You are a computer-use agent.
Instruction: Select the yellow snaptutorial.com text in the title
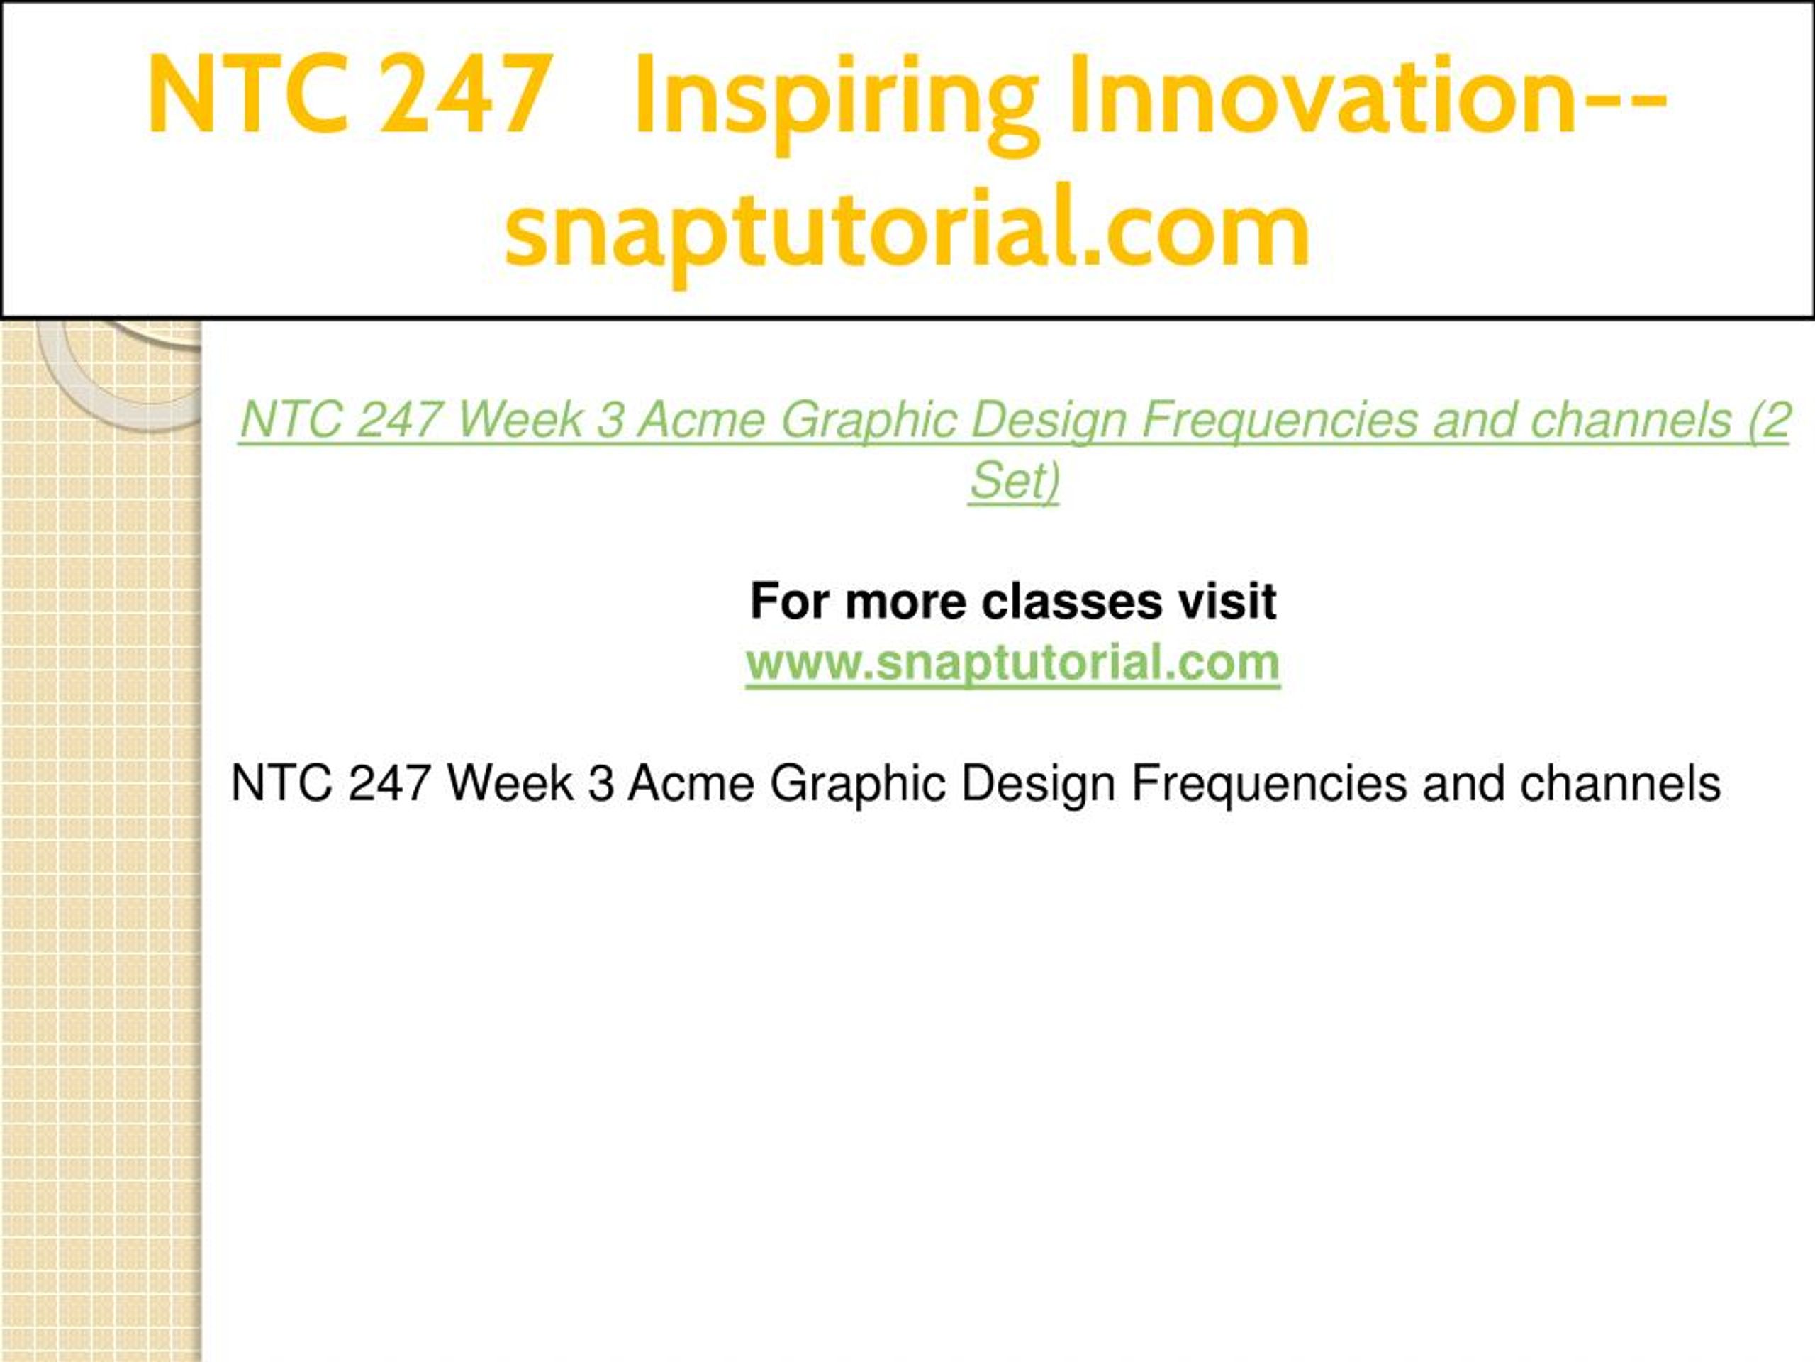pyautogui.click(x=907, y=230)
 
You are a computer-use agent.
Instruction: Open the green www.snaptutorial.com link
pyautogui.click(x=1012, y=663)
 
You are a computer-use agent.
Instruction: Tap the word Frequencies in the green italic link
pyautogui.click(x=1279, y=421)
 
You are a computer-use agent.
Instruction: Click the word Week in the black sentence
pyautogui.click(x=510, y=783)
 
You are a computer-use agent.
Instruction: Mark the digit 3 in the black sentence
pyautogui.click(x=601, y=783)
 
